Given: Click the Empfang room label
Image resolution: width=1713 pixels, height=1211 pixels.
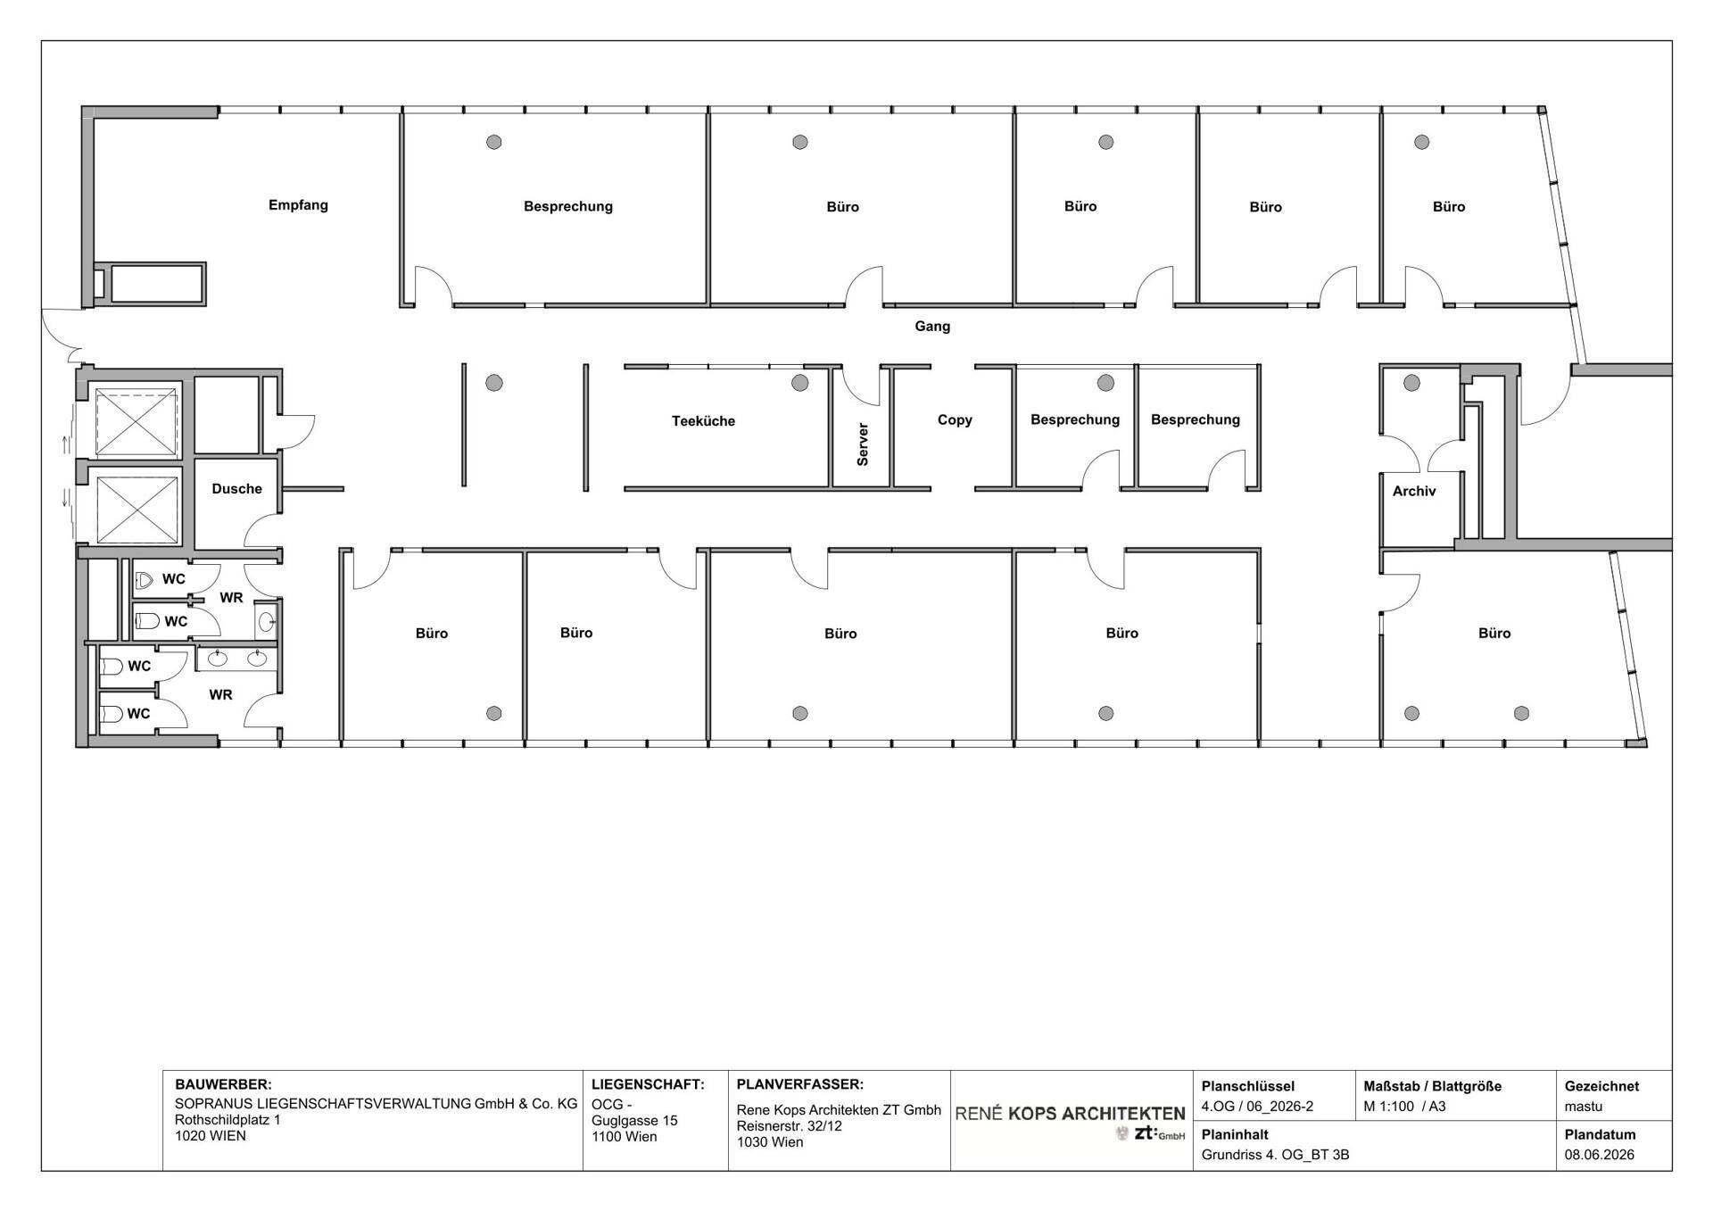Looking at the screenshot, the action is (x=298, y=205).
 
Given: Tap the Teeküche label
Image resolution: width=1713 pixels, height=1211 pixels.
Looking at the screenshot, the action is (x=703, y=420).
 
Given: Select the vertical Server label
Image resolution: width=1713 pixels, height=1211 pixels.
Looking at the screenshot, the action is (x=863, y=444).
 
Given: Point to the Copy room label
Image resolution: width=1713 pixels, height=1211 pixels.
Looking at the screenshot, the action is (x=955, y=419).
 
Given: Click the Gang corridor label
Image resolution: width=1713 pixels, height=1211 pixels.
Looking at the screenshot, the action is (x=932, y=327).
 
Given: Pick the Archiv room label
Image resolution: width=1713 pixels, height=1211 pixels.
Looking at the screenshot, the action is (x=1414, y=491).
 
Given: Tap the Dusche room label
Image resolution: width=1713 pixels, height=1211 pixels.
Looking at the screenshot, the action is (x=236, y=489).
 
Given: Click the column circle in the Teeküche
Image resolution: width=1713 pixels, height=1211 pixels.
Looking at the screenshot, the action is (x=799, y=383).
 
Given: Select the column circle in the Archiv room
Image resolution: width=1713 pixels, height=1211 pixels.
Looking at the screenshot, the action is (x=1411, y=383).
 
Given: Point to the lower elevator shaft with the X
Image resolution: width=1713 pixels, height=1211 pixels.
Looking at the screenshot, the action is (x=137, y=509).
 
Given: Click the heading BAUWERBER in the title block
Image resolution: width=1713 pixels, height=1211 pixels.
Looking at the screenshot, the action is (x=223, y=1085).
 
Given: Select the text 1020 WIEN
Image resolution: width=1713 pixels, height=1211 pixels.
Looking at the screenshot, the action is (x=211, y=1136).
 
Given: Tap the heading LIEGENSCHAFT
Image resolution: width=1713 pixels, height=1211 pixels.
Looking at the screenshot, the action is (x=648, y=1085).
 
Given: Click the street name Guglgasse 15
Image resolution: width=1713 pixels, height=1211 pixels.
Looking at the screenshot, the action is (x=634, y=1121).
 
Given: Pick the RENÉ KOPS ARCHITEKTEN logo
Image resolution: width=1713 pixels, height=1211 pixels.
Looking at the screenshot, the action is (x=1070, y=1122).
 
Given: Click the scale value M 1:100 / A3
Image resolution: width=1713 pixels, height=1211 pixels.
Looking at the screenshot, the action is (x=1404, y=1107).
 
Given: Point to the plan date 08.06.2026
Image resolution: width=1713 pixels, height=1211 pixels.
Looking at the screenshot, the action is (x=1600, y=1155).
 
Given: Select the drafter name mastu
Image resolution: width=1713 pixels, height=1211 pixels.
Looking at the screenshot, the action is (x=1584, y=1107).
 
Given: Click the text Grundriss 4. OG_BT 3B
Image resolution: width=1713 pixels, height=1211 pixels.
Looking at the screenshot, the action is (x=1275, y=1155).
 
